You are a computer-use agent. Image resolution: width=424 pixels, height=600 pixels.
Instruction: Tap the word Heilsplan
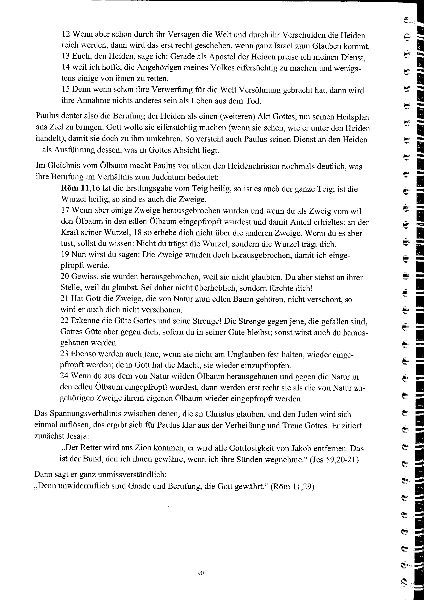click(x=352, y=117)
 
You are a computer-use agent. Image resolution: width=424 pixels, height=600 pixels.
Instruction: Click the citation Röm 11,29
click(x=292, y=486)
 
